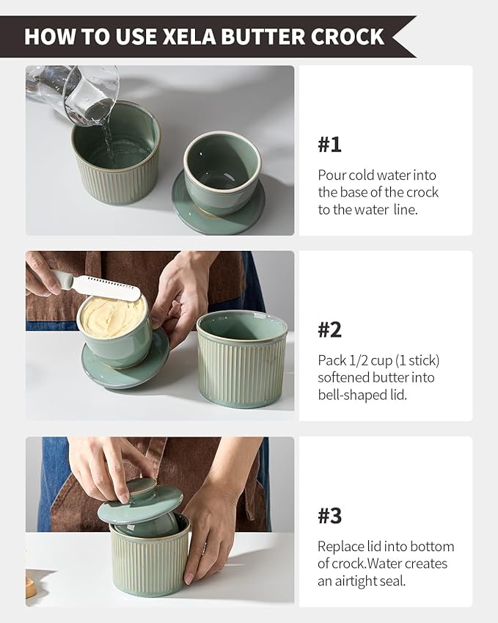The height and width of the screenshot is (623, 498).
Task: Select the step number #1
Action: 329,145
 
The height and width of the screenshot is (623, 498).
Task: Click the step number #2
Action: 329,329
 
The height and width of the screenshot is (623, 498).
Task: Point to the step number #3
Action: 329,515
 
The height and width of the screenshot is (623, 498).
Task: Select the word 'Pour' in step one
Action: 332,175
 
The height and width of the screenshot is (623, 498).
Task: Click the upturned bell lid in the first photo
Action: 221,175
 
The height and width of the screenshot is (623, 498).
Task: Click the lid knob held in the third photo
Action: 140,489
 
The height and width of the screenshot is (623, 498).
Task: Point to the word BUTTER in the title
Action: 263,37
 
